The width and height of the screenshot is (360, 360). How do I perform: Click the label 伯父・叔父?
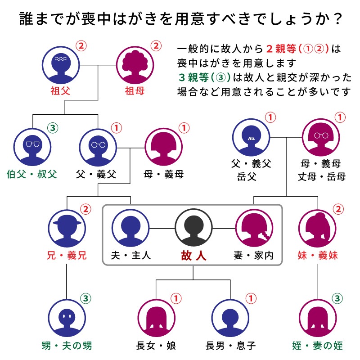coord(32,174)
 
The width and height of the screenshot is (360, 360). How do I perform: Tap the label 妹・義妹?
coord(318,256)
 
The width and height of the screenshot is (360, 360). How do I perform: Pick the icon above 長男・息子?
coord(230,317)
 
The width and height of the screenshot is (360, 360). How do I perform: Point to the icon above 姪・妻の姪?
coord(318,317)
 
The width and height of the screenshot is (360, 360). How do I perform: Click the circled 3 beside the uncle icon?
coord(53,128)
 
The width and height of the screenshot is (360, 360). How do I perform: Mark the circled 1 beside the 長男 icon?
coord(251,298)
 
